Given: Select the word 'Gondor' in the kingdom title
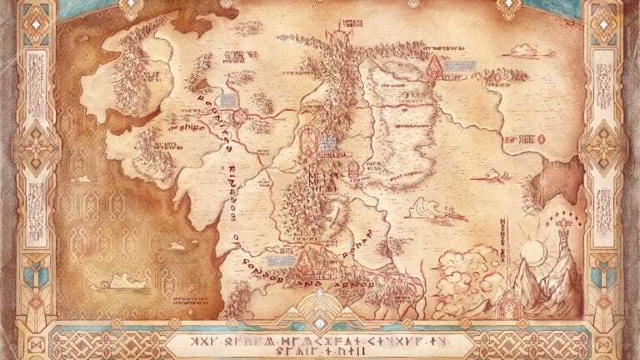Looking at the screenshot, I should (x=274, y=267).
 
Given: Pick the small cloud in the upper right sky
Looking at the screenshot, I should (x=522, y=52).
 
